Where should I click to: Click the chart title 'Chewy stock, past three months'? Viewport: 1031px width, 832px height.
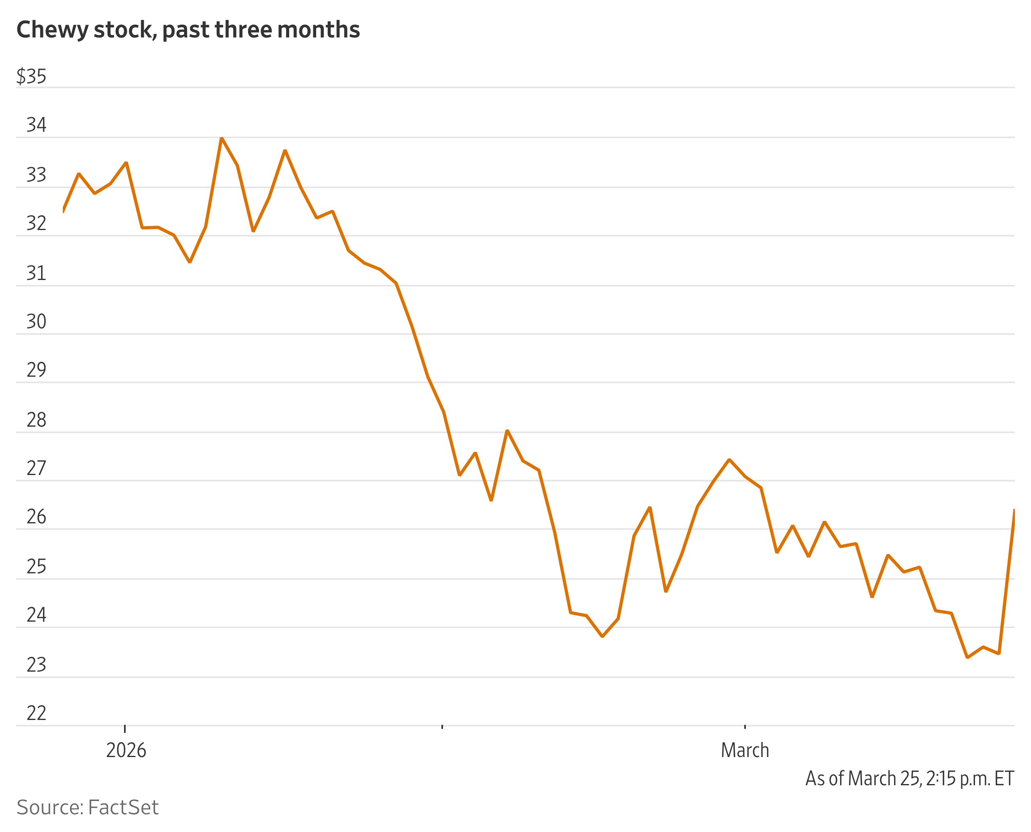(188, 30)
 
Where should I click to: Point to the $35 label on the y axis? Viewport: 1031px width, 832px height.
(32, 76)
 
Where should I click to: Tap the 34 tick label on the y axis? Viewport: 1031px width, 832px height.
(36, 125)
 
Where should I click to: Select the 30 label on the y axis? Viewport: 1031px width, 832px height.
(36, 322)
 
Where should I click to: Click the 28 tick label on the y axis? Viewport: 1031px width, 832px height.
(36, 420)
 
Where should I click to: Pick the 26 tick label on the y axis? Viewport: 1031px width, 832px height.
(36, 517)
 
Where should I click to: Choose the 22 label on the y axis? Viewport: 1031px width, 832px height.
(36, 713)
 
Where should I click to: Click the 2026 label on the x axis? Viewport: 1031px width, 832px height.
(126, 751)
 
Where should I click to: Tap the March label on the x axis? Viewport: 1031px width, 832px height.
(745, 751)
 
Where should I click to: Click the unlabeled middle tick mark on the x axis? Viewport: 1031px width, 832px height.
(442, 727)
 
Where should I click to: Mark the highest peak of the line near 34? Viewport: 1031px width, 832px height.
(222, 138)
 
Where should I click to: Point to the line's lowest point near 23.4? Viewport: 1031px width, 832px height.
(967, 658)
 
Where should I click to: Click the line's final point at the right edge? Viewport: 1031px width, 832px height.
(1014, 510)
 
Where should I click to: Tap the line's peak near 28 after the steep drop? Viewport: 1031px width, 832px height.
(507, 430)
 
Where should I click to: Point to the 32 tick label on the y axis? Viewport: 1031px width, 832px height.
(36, 223)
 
